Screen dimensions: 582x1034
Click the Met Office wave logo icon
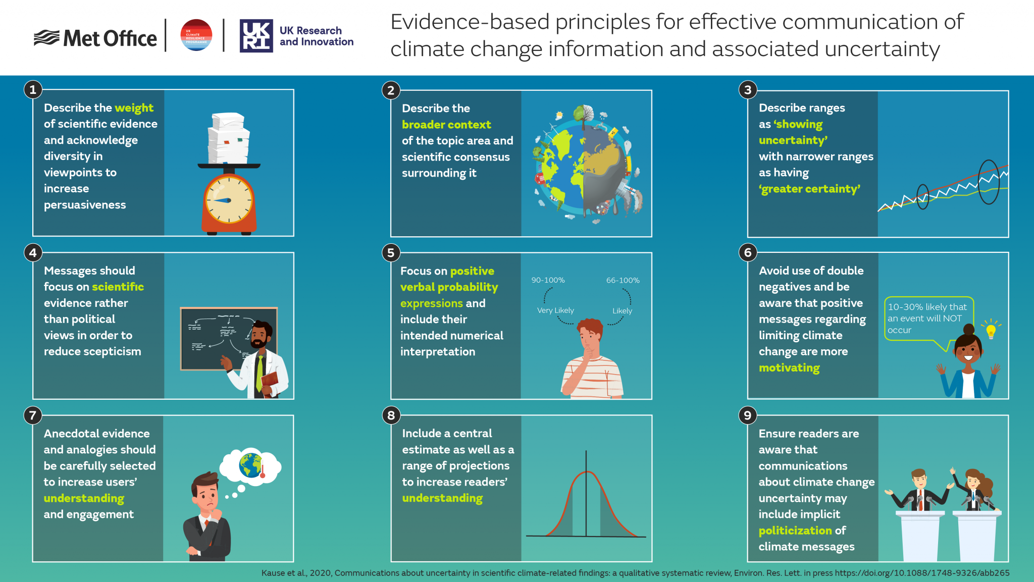(x=46, y=38)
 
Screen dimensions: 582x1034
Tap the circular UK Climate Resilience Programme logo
(x=196, y=35)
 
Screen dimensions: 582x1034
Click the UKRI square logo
(x=256, y=36)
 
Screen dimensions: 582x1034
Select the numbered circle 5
(x=391, y=253)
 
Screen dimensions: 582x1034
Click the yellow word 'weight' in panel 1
(x=134, y=108)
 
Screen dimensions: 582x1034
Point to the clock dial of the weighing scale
(x=229, y=200)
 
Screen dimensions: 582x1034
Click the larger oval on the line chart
(x=989, y=182)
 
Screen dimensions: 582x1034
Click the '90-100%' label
(x=548, y=280)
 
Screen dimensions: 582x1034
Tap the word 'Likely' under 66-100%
(x=622, y=311)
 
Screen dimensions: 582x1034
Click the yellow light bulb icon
(x=991, y=331)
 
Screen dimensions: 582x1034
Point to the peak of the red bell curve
(x=586, y=472)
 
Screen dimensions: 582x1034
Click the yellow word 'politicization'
(x=795, y=531)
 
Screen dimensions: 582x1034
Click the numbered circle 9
(x=748, y=415)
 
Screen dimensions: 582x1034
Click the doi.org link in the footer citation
(x=922, y=573)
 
